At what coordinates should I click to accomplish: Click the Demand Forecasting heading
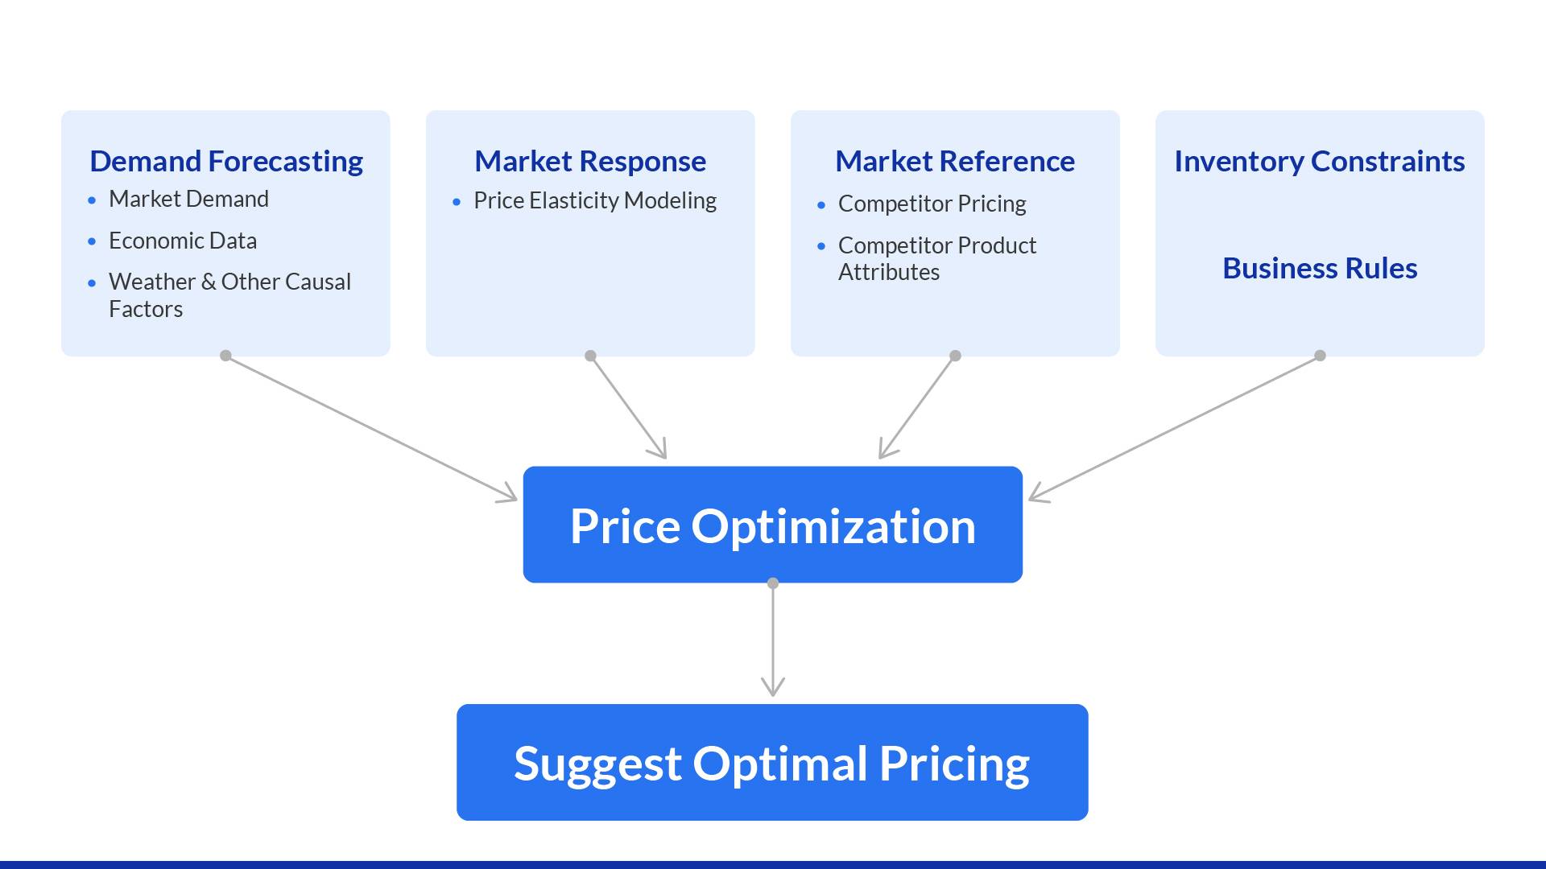pyautogui.click(x=226, y=162)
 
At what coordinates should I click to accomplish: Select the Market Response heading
pyautogui.click(x=590, y=162)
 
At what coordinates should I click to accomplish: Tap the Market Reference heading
pyautogui.click(x=955, y=162)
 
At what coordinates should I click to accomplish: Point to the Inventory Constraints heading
pyautogui.click(x=1319, y=162)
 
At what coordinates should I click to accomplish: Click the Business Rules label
pyautogui.click(x=1320, y=268)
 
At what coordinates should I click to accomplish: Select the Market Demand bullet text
pyautogui.click(x=188, y=199)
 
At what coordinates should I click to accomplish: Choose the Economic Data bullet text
pyautogui.click(x=183, y=241)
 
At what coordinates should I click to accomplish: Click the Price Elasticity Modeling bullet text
pyautogui.click(x=595, y=200)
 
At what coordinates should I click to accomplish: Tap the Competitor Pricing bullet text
pyautogui.click(x=932, y=204)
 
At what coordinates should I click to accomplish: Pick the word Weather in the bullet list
pyautogui.click(x=152, y=282)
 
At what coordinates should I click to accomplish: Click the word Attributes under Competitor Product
pyautogui.click(x=889, y=272)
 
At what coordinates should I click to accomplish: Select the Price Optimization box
pyautogui.click(x=773, y=525)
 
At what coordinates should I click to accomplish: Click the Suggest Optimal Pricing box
pyautogui.click(x=772, y=763)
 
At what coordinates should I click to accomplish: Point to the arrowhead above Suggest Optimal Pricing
pyautogui.click(x=773, y=688)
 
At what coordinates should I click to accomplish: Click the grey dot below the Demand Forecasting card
pyautogui.click(x=226, y=356)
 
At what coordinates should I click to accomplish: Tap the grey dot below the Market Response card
pyautogui.click(x=590, y=356)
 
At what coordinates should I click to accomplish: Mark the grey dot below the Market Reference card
pyautogui.click(x=955, y=356)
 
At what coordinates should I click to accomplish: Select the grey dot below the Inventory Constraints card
pyautogui.click(x=1320, y=356)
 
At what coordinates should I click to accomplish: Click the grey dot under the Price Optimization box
pyautogui.click(x=773, y=583)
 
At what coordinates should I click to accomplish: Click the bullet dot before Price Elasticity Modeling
pyautogui.click(x=457, y=202)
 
